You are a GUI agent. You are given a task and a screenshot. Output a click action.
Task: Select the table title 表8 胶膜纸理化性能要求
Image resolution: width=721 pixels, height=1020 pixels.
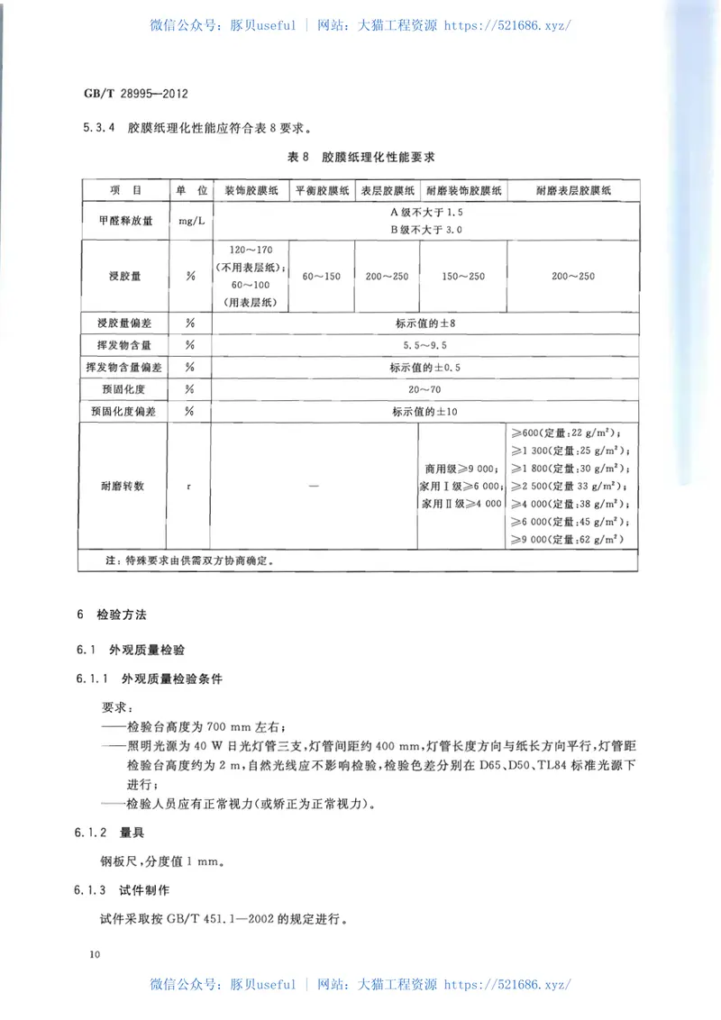pyautogui.click(x=360, y=157)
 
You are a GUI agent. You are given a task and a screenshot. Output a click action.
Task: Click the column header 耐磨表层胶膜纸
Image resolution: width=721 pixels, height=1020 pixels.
pyautogui.click(x=573, y=191)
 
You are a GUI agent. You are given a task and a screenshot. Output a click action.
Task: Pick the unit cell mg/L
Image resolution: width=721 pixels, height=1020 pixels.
pyautogui.click(x=189, y=219)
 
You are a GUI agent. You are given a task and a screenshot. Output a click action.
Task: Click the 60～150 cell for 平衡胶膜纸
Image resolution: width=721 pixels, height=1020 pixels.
pyautogui.click(x=321, y=276)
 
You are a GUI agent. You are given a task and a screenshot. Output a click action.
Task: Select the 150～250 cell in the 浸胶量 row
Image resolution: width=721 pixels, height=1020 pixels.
pyautogui.click(x=463, y=276)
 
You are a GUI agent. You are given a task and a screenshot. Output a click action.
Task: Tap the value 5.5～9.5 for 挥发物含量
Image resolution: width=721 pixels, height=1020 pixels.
pyautogui.click(x=425, y=344)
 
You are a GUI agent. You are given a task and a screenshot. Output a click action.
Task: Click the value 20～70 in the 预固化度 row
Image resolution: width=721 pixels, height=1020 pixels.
pyautogui.click(x=425, y=389)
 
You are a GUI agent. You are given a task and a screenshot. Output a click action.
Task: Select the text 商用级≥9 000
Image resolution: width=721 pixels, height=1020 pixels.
pyautogui.click(x=462, y=469)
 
